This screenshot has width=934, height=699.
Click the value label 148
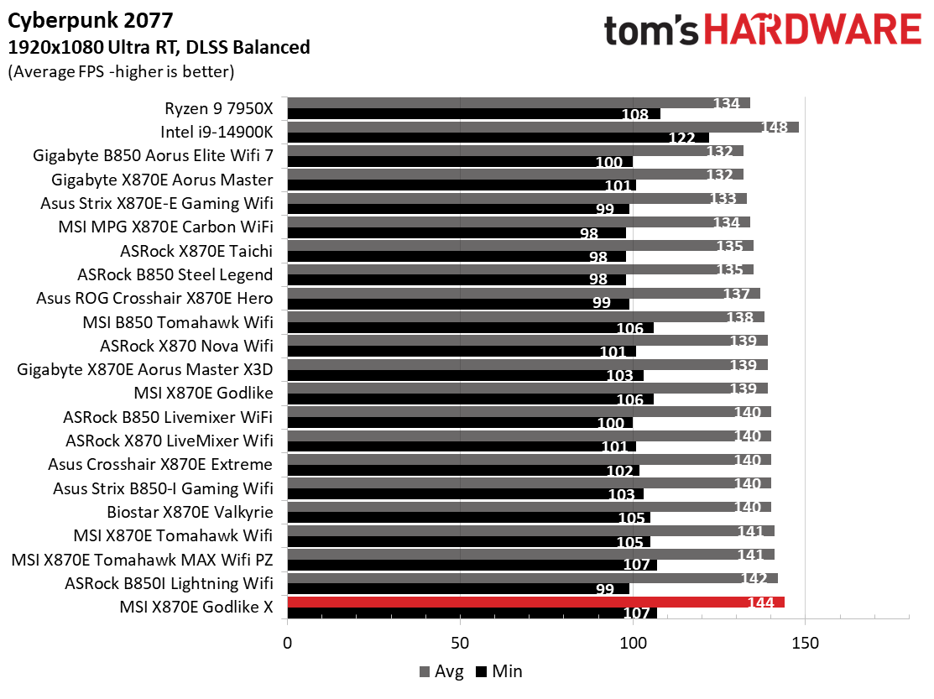(774, 128)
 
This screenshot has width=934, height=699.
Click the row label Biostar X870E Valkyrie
(190, 512)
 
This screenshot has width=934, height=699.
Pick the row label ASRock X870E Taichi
(197, 251)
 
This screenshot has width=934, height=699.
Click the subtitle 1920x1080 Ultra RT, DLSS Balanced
(159, 47)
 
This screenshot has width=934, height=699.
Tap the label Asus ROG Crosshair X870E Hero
(154, 298)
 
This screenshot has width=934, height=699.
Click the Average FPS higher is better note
(120, 71)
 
